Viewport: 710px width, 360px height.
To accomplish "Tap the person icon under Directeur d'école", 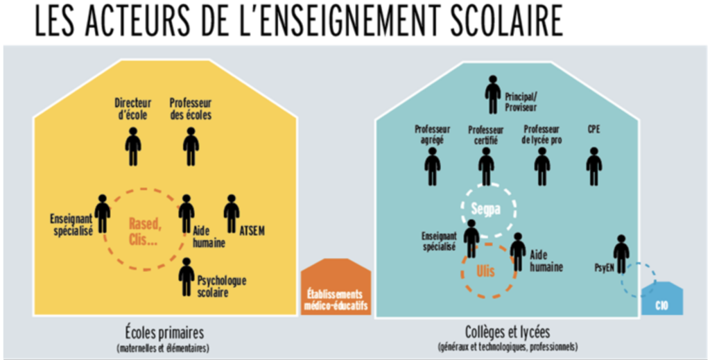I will click(132, 146).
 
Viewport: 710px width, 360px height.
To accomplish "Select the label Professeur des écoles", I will click(191, 109).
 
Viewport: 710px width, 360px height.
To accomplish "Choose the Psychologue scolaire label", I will click(222, 286).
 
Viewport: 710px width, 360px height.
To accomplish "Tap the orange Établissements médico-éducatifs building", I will click(336, 291).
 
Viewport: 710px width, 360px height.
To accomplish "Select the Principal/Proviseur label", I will click(521, 102).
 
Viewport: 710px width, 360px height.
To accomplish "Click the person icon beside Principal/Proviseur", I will click(493, 94).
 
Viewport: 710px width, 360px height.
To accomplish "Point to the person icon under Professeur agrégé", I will click(433, 166).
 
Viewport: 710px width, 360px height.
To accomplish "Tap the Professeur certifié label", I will click(485, 135).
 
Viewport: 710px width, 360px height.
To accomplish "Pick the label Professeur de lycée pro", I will click(542, 135).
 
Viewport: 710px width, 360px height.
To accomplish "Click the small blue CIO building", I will click(661, 300).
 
